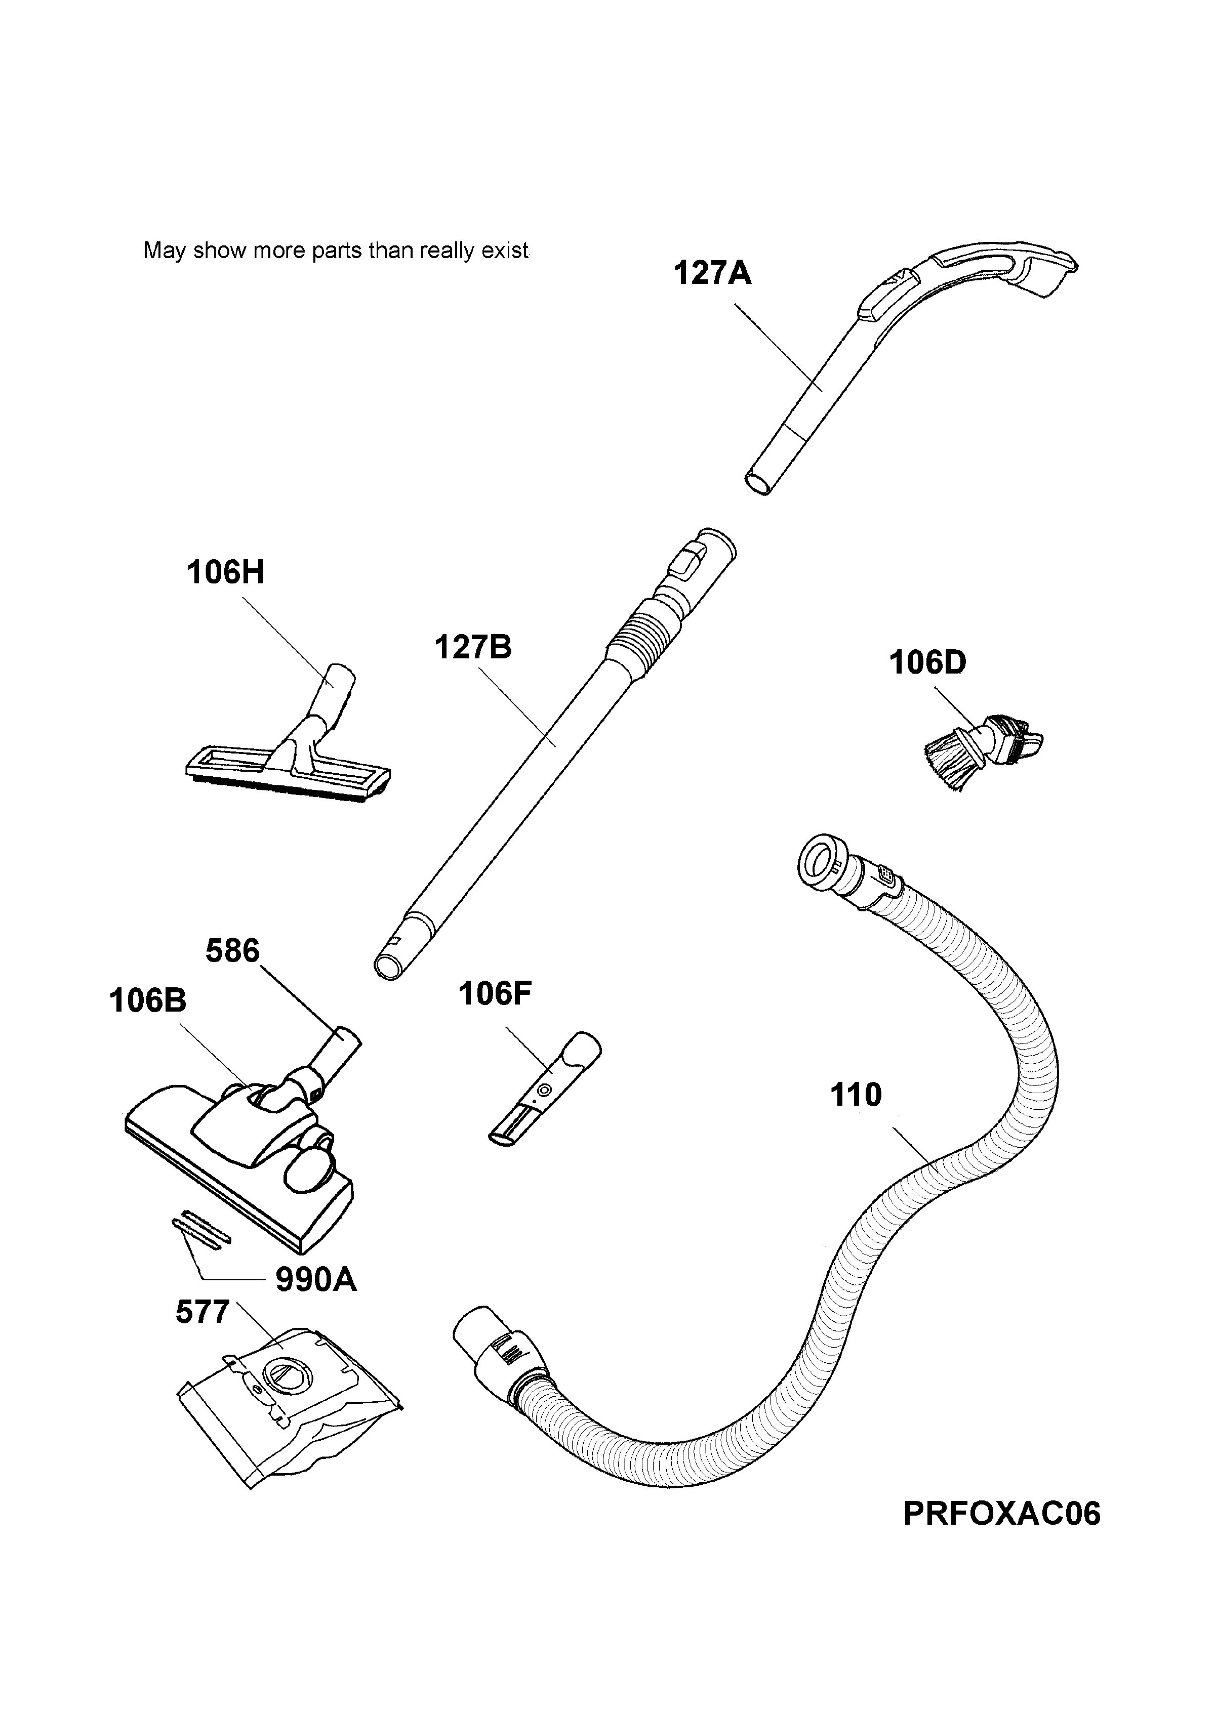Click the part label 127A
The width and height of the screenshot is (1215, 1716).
[712, 274]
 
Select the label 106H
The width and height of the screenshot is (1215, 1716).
[225, 573]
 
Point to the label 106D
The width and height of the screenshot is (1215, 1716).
[928, 662]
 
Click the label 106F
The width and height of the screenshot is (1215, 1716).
[495, 994]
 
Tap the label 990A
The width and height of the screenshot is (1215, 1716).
[316, 1281]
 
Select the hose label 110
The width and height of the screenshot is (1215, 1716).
[856, 1096]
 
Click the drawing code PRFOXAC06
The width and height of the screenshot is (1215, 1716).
[1002, 1514]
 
